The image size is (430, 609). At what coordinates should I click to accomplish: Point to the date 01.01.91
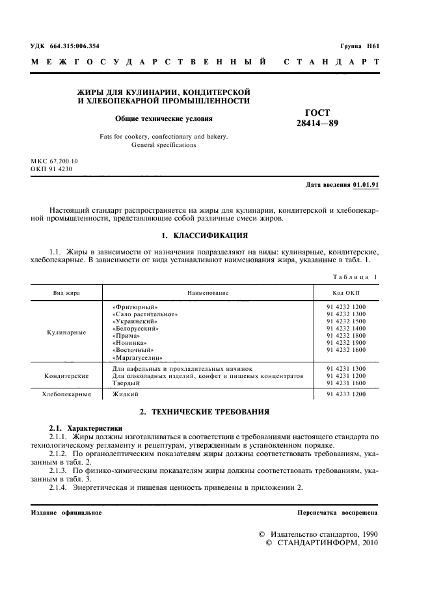[366, 185]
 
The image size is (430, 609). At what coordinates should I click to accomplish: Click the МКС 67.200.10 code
[54, 160]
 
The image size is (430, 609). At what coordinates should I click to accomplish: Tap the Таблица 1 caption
[356, 278]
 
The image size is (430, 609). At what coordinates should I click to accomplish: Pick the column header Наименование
[208, 293]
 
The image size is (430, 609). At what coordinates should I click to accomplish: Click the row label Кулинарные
[66, 332]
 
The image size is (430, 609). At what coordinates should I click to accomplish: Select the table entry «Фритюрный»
[135, 306]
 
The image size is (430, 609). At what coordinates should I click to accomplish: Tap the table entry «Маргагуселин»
[137, 357]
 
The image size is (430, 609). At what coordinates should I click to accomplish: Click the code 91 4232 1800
[346, 335]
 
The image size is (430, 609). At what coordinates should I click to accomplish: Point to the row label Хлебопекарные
[66, 394]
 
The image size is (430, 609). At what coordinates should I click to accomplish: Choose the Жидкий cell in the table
[126, 394]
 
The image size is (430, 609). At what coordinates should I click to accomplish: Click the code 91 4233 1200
[346, 394]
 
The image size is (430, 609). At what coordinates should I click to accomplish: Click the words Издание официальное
[66, 513]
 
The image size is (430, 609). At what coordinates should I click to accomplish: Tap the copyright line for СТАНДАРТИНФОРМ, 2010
[322, 543]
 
